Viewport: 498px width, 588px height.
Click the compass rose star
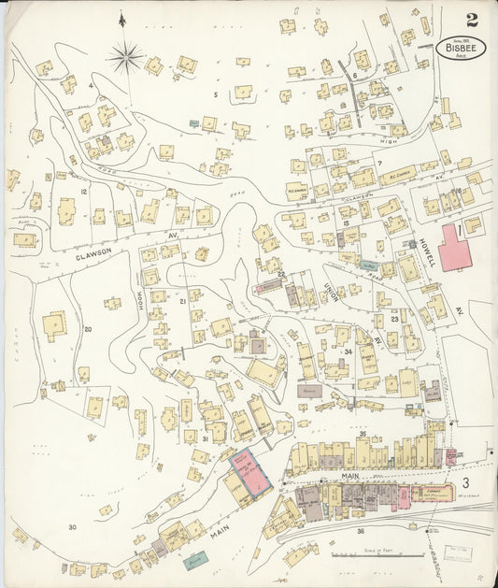point(124,58)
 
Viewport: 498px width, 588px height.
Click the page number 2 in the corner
point(473,19)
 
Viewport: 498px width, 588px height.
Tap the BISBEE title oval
point(460,48)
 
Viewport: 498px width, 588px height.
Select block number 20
point(88,329)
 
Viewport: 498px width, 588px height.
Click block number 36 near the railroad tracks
point(360,531)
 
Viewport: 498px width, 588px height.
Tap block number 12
point(83,192)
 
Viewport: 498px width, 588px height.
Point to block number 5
point(214,94)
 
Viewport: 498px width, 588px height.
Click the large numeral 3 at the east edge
point(465,481)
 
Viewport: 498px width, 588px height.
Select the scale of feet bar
point(372,555)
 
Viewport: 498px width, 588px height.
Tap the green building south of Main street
point(194,560)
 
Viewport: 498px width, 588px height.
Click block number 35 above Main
point(362,434)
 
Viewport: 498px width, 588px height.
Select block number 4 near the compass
point(91,85)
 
